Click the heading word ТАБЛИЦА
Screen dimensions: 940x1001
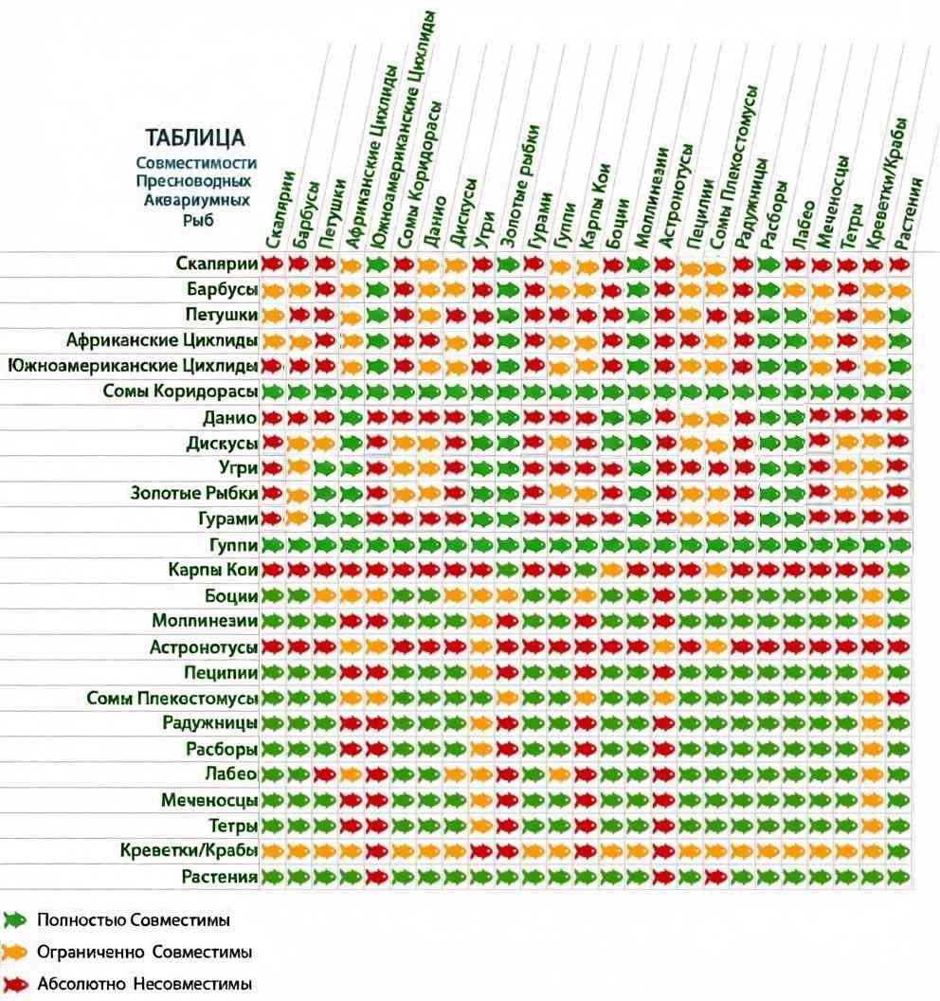pyautogui.click(x=194, y=137)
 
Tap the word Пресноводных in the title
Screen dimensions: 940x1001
pyautogui.click(x=193, y=181)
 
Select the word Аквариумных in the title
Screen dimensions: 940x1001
pyautogui.click(x=196, y=200)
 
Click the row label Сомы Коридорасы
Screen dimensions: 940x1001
pyautogui.click(x=180, y=391)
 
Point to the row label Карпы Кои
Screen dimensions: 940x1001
pyautogui.click(x=212, y=570)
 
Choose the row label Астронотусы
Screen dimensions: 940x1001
pyautogui.click(x=204, y=647)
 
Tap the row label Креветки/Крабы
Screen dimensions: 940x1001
pyautogui.click(x=189, y=850)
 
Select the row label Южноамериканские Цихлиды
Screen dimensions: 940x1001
pyautogui.click(x=133, y=366)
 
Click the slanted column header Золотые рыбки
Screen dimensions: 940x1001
pyautogui.click(x=519, y=185)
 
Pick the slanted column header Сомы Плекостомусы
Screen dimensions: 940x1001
pyautogui.click(x=733, y=167)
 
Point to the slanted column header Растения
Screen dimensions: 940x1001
pyautogui.click(x=908, y=213)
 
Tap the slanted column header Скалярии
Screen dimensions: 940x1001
pyautogui.click(x=280, y=209)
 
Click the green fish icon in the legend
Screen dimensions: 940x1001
pyautogui.click(x=14, y=919)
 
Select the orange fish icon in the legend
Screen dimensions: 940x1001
pyautogui.click(x=14, y=953)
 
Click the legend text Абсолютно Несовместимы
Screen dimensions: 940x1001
pyautogui.click(x=144, y=984)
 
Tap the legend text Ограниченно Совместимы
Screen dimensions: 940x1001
pyautogui.click(x=144, y=952)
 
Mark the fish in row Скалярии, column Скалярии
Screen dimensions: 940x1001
pyautogui.click(x=273, y=264)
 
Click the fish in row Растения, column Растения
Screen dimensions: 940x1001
pyautogui.click(x=898, y=877)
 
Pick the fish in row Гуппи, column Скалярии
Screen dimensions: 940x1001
pyautogui.click(x=273, y=544)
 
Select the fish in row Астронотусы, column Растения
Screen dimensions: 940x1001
pyautogui.click(x=898, y=646)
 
